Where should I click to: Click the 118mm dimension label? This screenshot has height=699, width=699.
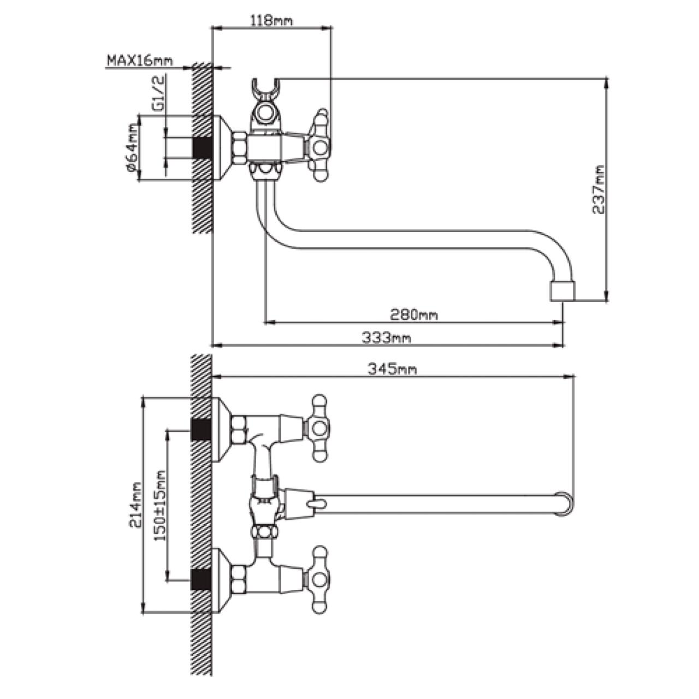click(271, 21)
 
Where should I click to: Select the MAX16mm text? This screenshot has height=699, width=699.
click(140, 60)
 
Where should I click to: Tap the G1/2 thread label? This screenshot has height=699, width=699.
click(158, 94)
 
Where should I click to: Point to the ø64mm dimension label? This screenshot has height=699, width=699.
click(131, 147)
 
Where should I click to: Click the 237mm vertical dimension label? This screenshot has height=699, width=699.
click(600, 189)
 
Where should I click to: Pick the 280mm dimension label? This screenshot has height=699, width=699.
click(413, 315)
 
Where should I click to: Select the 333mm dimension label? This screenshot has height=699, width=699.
click(386, 338)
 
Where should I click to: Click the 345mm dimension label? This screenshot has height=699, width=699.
click(392, 369)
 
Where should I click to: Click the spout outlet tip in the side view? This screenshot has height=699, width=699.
click(562, 291)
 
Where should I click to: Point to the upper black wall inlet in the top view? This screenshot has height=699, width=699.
click(202, 430)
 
